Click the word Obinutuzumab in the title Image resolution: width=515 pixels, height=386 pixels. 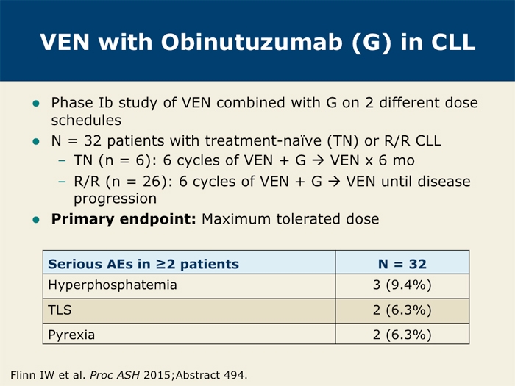[x=252, y=42]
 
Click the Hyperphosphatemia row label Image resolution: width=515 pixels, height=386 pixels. [x=113, y=285]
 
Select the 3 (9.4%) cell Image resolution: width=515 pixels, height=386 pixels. [x=402, y=285]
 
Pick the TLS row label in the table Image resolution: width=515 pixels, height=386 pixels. [x=60, y=310]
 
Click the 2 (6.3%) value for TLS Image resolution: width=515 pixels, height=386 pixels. [x=402, y=310]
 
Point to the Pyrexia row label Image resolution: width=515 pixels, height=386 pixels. [x=71, y=335]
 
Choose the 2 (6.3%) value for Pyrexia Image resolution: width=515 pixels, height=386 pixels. [x=402, y=335]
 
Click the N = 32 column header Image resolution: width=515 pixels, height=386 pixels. [x=402, y=264]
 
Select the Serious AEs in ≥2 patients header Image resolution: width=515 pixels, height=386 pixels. [x=143, y=264]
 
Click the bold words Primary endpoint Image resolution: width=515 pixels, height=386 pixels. [x=124, y=219]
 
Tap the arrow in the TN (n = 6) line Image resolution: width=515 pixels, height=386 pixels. [x=318, y=161]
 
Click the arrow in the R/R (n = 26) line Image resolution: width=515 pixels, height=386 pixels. [x=334, y=182]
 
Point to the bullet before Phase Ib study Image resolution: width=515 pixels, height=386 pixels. [x=36, y=104]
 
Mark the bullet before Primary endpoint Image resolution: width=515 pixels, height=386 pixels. [x=36, y=220]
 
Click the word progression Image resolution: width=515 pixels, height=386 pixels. [x=115, y=199]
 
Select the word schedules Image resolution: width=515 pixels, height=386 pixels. [x=86, y=120]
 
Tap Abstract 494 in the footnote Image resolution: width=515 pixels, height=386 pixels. [x=211, y=375]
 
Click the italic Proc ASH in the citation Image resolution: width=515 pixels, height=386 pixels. [x=115, y=375]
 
